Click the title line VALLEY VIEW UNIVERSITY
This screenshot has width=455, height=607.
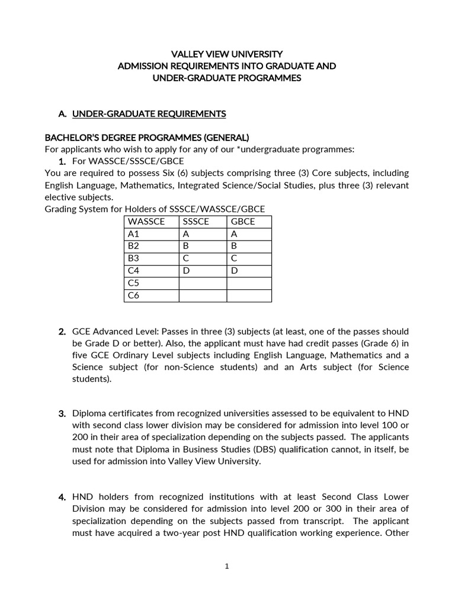coord(227,54)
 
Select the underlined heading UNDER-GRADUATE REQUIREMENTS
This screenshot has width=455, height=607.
coord(149,113)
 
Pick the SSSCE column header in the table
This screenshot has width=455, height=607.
coord(196,222)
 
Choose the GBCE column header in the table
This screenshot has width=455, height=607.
coord(243,222)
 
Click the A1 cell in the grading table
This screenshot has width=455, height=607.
coord(133,234)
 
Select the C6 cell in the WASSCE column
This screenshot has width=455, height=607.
coord(133,296)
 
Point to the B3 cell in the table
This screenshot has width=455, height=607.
coord(133,258)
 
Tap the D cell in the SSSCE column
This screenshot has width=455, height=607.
coord(185,271)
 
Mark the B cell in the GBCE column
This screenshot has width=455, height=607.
coord(233,246)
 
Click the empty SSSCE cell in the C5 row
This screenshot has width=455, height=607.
coord(203,283)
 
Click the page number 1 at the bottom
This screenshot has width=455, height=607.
coord(227,566)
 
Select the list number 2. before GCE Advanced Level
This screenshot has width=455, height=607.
coord(62,331)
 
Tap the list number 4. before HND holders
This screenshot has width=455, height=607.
coord(62,497)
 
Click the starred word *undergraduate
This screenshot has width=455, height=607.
coord(258,149)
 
